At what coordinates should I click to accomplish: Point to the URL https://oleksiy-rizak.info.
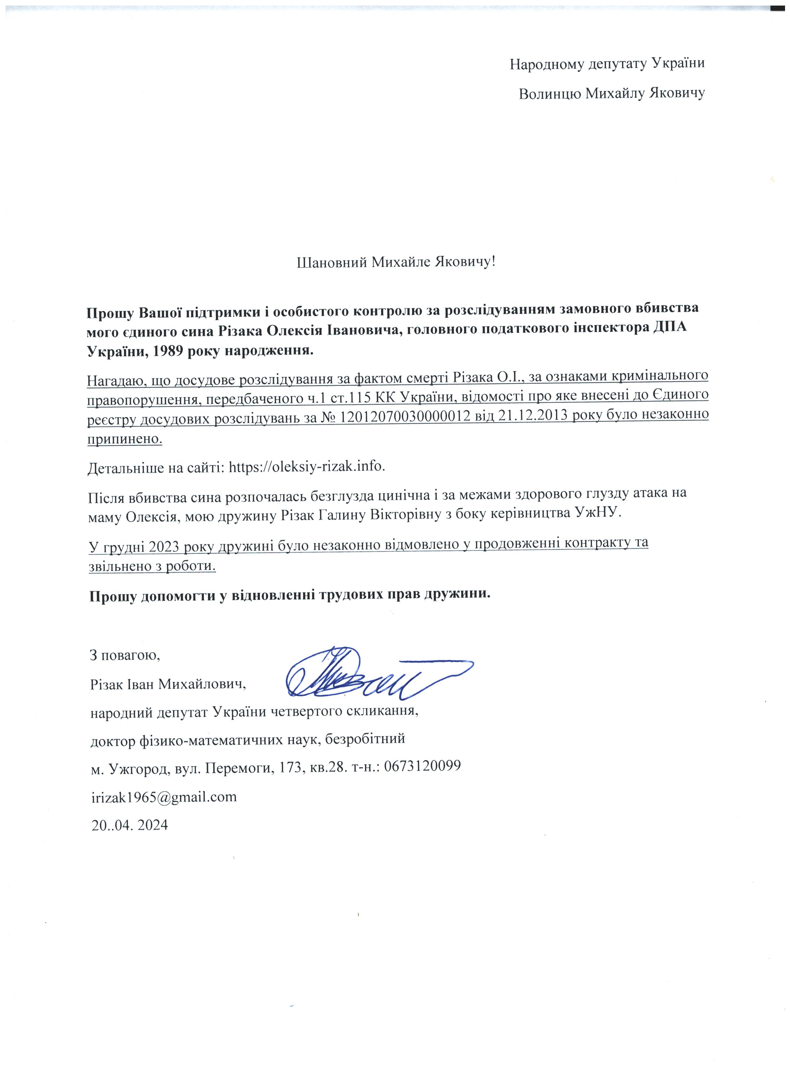coord(307,466)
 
